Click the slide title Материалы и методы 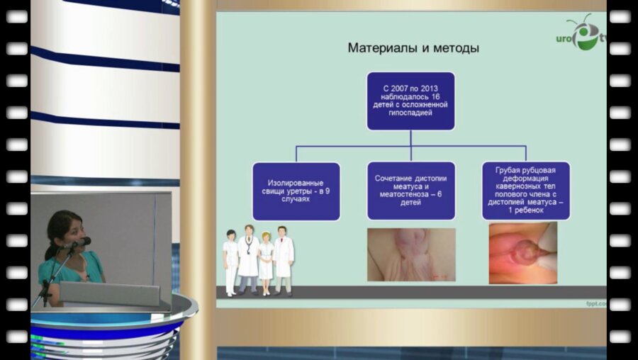(x=413, y=48)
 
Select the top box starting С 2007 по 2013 (x=410, y=100)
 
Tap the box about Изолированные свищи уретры (x=296, y=191)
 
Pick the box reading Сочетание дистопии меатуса (x=410, y=191)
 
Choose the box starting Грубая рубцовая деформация (x=525, y=191)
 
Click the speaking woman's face (x=71, y=231)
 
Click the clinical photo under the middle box (x=410, y=254)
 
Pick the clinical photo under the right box (x=522, y=253)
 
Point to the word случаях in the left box (x=296, y=200)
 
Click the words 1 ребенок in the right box (x=525, y=210)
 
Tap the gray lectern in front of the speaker (x=113, y=293)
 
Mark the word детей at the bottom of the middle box (x=410, y=203)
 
